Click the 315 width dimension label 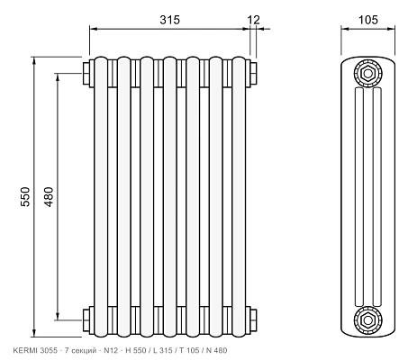pos(170,20)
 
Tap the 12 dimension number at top pos(253,20)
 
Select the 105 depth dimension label pos(368,20)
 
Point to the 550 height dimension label pos(25,196)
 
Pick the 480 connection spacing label pos(49,196)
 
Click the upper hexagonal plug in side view pos(367,73)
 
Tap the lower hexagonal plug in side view pos(367,319)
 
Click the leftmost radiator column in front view pos(101,197)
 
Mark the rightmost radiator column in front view pos(239,197)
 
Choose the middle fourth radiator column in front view pos(170,197)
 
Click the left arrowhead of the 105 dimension pos(344,29)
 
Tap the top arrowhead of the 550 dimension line pos(34,60)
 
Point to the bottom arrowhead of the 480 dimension pos(58,316)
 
